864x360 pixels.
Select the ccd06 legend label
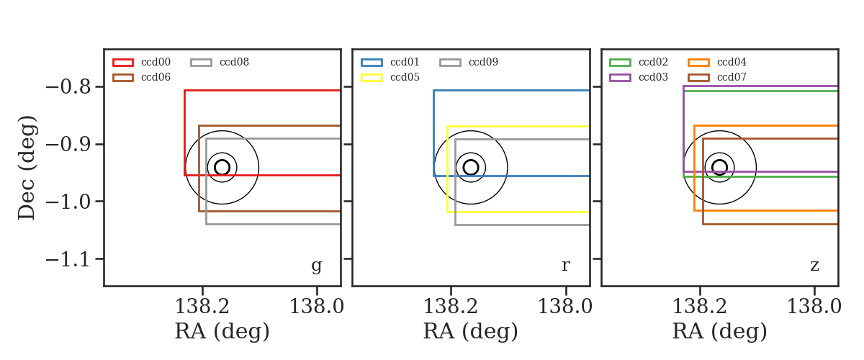156,77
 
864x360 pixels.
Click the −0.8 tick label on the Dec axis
68,87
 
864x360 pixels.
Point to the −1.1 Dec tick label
68,259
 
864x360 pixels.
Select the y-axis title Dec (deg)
27,168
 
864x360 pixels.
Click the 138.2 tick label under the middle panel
451,307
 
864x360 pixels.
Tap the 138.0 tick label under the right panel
814,307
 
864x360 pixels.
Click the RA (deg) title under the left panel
222,331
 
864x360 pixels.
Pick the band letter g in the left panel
316,266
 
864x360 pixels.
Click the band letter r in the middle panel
565,266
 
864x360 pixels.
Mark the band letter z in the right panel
814,266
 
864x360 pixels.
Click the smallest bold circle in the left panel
215,168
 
